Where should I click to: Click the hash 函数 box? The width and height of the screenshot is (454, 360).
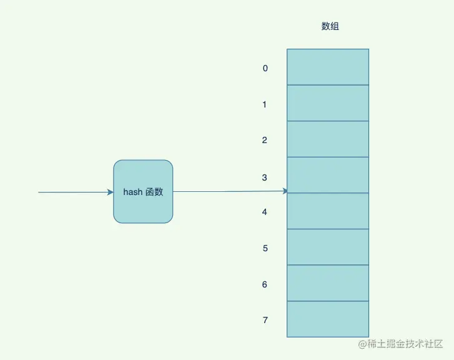143,191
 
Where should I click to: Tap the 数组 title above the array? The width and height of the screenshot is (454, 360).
330,26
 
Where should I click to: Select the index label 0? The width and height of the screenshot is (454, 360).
265,68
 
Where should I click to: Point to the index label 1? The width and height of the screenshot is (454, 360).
265,104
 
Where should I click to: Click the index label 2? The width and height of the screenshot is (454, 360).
265,140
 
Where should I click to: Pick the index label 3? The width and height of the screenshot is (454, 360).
265,177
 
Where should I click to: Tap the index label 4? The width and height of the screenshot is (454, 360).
265,212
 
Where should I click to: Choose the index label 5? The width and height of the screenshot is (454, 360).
265,248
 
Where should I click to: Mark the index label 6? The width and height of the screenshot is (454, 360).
265,284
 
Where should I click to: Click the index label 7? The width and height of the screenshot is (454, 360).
265,320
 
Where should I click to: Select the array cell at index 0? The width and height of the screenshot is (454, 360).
328,67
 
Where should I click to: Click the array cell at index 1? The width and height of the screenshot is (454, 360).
328,102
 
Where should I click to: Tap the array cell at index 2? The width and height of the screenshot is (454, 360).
328,139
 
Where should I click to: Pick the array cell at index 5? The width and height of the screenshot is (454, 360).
328,247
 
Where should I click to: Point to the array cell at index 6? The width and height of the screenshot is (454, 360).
328,282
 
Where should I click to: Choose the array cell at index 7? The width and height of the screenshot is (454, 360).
328,319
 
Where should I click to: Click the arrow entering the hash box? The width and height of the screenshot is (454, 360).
75,192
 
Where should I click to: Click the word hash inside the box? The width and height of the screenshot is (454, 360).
132,192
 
